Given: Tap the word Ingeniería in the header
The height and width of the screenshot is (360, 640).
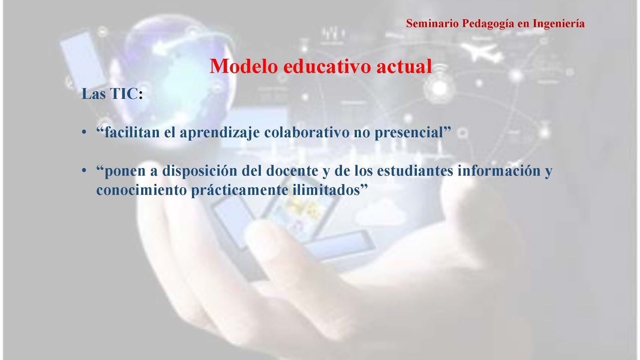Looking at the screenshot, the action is point(558,24).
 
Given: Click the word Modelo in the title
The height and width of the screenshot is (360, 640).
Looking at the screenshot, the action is point(244,66).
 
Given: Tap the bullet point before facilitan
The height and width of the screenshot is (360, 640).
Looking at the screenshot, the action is point(84,132).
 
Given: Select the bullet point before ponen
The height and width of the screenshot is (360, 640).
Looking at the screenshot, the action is point(84,170).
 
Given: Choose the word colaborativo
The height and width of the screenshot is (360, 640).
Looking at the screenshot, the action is point(307,132).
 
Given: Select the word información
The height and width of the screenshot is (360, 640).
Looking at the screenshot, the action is point(499,170).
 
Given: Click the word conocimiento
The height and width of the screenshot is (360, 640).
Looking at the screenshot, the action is point(142,190).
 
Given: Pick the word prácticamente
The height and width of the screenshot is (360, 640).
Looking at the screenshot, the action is point(240,190).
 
